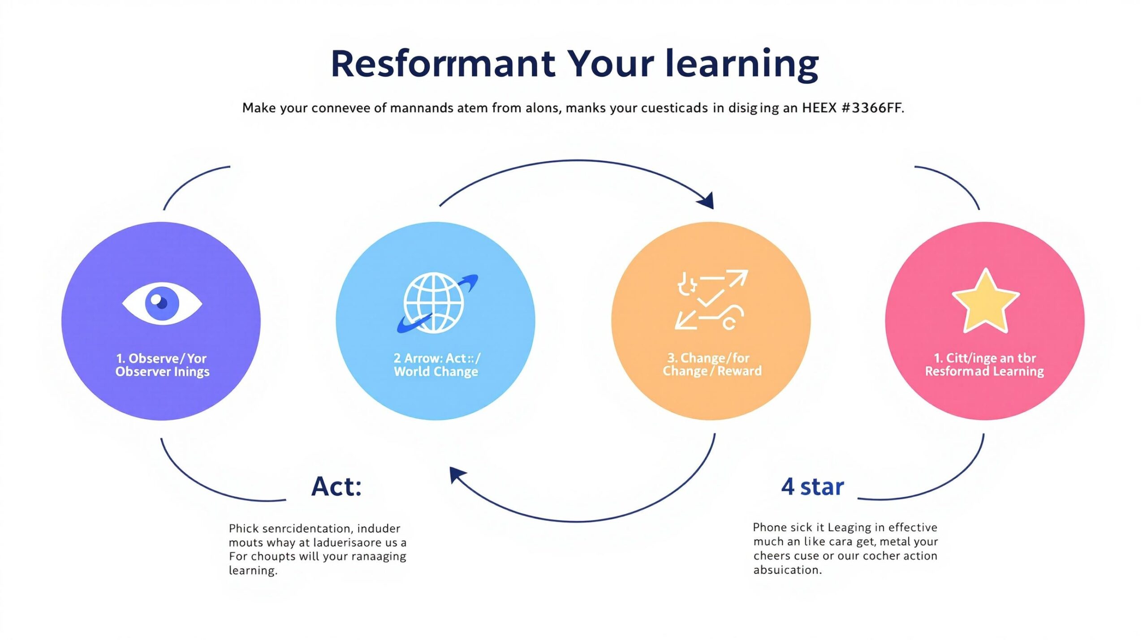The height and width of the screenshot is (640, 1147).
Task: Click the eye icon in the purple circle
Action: coord(162,304)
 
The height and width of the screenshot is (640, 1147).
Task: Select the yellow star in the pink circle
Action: coord(985,301)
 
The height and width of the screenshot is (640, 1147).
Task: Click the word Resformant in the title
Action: coord(443,64)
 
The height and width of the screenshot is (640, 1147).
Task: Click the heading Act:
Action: coord(336,486)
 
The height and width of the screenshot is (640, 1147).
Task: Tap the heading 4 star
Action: coord(812,487)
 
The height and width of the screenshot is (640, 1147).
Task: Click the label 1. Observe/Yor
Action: coord(161,358)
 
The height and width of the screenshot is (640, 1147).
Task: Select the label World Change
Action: coord(436,372)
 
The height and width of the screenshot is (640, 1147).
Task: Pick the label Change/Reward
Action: coord(712,371)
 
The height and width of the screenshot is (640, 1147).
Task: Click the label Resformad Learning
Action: coord(984,371)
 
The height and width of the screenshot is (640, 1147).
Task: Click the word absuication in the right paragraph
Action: coord(787,570)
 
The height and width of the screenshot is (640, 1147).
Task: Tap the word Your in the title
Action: coord(610,64)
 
